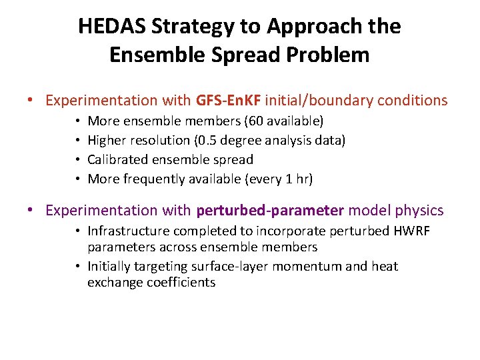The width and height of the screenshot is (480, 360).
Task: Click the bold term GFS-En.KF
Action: pos(229,101)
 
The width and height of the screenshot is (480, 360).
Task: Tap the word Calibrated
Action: pos(117,159)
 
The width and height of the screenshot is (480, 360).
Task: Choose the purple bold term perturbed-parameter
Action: pos(270,211)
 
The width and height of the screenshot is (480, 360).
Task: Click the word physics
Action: pos(418,211)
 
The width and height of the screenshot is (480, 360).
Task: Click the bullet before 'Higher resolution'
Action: pos(77,140)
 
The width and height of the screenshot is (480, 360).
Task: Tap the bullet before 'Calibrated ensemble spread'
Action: pos(77,159)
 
